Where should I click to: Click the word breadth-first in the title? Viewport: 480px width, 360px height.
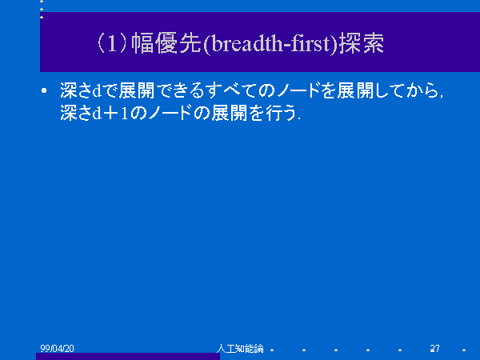point(270,44)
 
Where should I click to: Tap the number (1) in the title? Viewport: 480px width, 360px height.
point(112,43)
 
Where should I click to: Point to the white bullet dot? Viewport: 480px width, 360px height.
point(44,90)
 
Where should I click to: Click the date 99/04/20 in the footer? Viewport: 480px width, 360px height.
point(57,348)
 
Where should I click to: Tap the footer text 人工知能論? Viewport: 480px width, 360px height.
point(240,348)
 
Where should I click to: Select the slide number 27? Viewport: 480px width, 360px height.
point(434,348)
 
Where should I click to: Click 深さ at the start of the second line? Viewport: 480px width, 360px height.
point(76,113)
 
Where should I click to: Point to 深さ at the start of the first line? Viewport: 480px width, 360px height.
point(76,90)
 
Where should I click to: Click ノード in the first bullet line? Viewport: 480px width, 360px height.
point(298,90)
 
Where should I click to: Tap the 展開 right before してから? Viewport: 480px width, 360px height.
point(355,90)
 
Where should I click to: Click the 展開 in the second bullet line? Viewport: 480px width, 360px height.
point(229,113)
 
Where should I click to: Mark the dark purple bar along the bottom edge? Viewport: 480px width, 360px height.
point(128,356)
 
